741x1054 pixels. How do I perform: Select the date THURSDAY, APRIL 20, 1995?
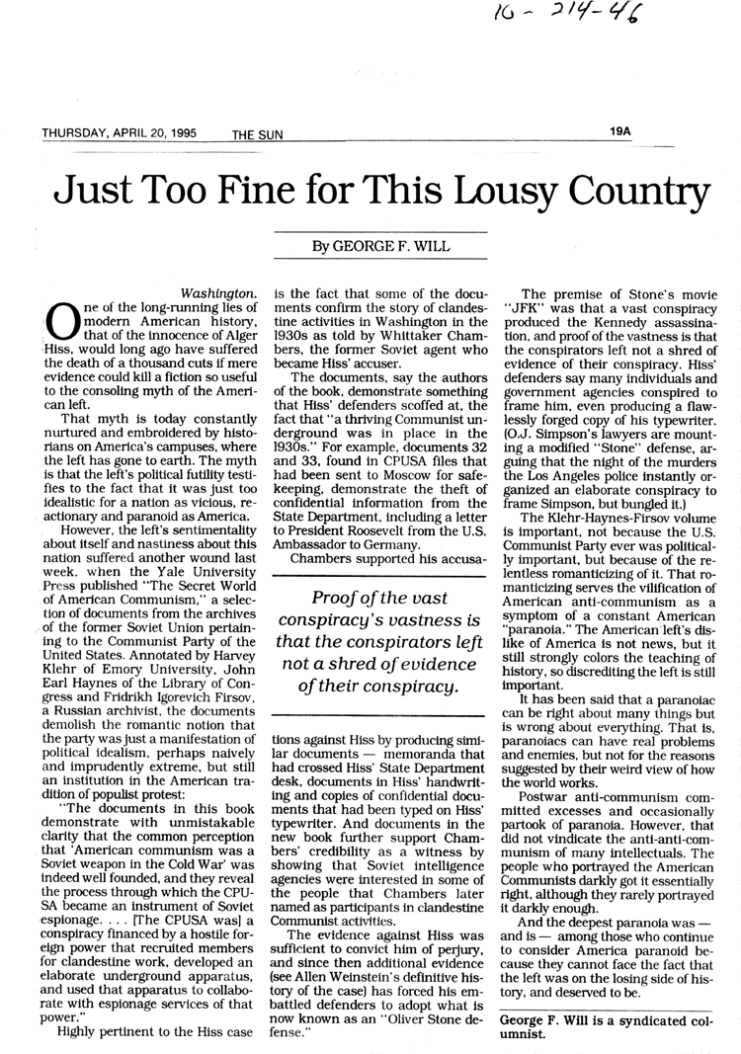[x=119, y=132]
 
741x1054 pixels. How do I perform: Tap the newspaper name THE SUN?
[x=258, y=134]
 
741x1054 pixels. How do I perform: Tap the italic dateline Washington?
[x=220, y=292]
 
